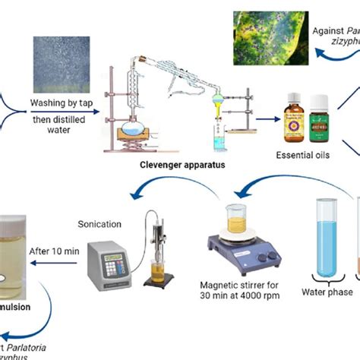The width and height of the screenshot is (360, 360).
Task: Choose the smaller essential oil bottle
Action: (319, 121)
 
